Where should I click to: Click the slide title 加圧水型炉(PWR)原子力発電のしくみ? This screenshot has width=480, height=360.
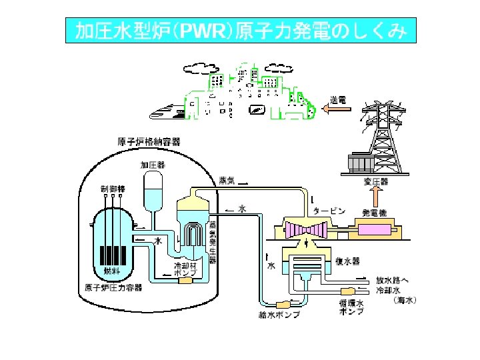pyautogui.click(x=240, y=31)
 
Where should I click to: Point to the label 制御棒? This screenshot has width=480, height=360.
pyautogui.click(x=113, y=189)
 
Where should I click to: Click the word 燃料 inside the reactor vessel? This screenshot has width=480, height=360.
pyautogui.click(x=111, y=271)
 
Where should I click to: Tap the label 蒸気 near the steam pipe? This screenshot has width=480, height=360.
pyautogui.click(x=227, y=180)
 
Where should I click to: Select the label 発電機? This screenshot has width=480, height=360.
pyautogui.click(x=375, y=212)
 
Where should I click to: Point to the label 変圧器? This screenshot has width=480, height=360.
pyautogui.click(x=376, y=181)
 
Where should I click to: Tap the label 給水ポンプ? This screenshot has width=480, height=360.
pyautogui.click(x=279, y=314)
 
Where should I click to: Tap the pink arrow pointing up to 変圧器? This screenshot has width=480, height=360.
pyautogui.click(x=376, y=197)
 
